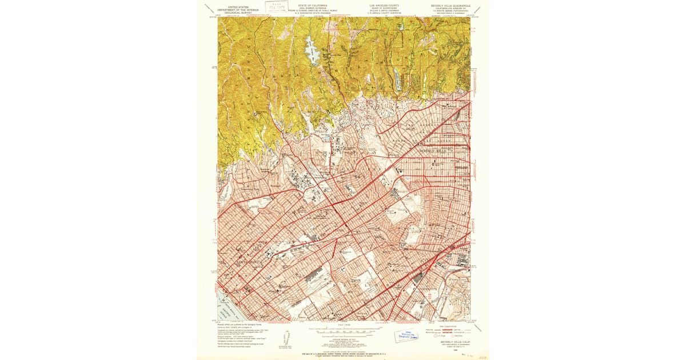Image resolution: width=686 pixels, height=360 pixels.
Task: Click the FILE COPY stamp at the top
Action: point(276,7)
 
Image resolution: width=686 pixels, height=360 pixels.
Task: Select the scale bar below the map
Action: point(344,331)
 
